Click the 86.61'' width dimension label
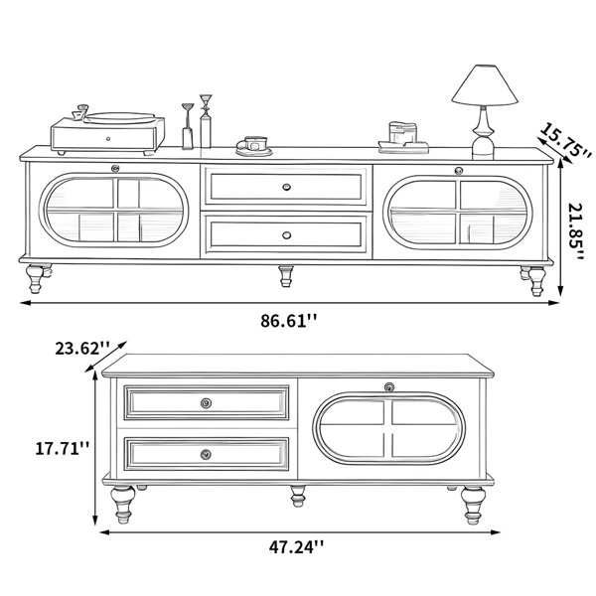(x=288, y=321)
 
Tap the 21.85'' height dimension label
(x=576, y=231)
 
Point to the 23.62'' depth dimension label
(x=82, y=349)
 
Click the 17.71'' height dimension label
(x=63, y=448)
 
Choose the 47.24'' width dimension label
(x=296, y=547)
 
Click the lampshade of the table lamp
(x=485, y=84)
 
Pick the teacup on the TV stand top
(x=254, y=146)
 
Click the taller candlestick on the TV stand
(x=206, y=121)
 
